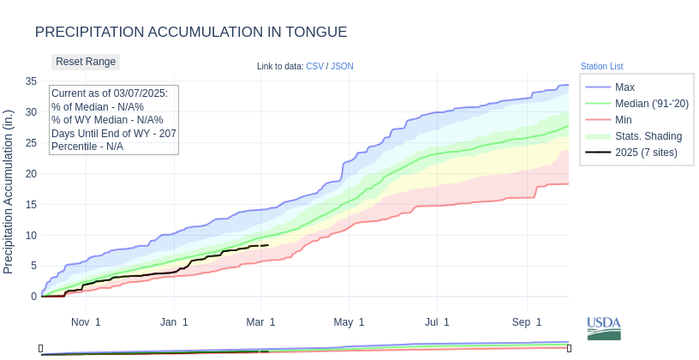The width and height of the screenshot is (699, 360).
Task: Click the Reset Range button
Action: click(86, 62)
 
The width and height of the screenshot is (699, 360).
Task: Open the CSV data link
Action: click(314, 66)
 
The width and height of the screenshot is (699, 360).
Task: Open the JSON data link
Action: click(342, 66)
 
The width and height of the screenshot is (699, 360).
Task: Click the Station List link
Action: click(601, 66)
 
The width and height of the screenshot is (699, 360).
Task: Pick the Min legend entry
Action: click(624, 120)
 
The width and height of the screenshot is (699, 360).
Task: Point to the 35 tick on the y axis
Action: click(31, 81)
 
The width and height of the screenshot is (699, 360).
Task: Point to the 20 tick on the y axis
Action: click(31, 174)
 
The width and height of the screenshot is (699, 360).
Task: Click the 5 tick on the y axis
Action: click(33, 266)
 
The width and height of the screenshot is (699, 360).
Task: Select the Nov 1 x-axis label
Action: click(86, 322)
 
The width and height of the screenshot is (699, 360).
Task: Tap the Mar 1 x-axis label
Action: click(260, 322)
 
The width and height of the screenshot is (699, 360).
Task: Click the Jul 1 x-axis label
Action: click(437, 322)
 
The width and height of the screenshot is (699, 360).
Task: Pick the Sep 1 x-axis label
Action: click(527, 322)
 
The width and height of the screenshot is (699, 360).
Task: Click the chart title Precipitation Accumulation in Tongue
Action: click(191, 33)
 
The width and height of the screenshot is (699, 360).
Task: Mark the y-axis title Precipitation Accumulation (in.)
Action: click(9, 191)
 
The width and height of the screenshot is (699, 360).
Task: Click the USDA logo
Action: click(603, 328)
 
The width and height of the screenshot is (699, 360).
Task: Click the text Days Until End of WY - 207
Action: click(113, 134)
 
